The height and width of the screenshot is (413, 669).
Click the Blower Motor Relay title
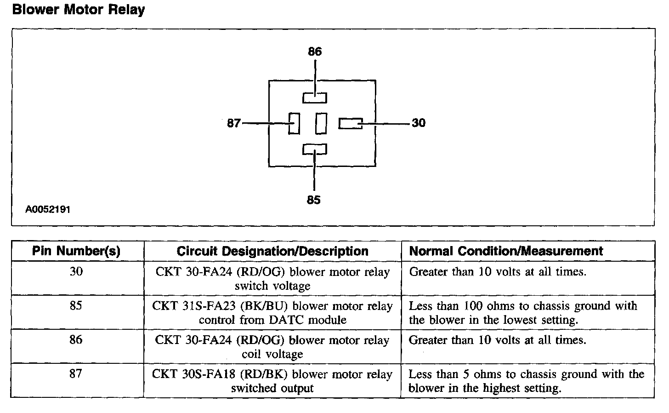(79, 10)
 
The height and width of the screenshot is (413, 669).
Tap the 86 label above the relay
(315, 52)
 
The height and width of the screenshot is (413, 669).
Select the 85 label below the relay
(313, 200)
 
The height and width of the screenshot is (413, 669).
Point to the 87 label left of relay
(234, 123)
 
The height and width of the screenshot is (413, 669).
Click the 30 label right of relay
(419, 123)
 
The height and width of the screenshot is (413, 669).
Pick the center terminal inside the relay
(321, 123)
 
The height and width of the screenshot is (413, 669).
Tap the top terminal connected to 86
(315, 98)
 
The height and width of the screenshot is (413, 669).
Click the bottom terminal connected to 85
(315, 149)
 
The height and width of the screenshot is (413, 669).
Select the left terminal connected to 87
(294, 123)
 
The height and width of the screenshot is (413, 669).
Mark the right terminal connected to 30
(351, 123)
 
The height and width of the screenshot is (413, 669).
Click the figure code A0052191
(48, 210)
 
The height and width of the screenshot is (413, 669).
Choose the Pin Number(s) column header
(76, 251)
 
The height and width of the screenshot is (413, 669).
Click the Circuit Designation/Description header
(272, 251)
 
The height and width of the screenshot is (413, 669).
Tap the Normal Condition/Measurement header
(506, 251)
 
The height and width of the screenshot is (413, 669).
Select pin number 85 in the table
(76, 306)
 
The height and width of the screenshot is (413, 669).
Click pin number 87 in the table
(76, 374)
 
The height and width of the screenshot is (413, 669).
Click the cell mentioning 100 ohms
(523, 313)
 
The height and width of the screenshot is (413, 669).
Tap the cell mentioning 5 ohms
(526, 381)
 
